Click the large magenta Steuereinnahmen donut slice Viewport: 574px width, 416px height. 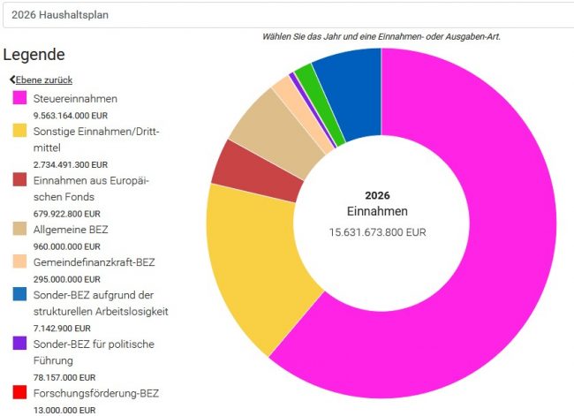477,291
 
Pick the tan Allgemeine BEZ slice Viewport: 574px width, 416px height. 265,132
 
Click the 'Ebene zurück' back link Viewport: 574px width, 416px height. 41,79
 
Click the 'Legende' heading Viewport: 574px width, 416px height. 34,54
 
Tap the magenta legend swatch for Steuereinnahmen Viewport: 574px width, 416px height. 19,99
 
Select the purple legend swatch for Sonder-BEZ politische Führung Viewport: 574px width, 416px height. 19,344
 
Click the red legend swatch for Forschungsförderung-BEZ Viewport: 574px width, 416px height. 19,393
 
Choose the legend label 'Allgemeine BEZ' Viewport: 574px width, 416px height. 70,230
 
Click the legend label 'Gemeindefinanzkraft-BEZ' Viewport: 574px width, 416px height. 94,262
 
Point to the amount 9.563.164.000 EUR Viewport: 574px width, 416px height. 70,116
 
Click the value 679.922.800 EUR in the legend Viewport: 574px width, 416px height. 66,213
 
